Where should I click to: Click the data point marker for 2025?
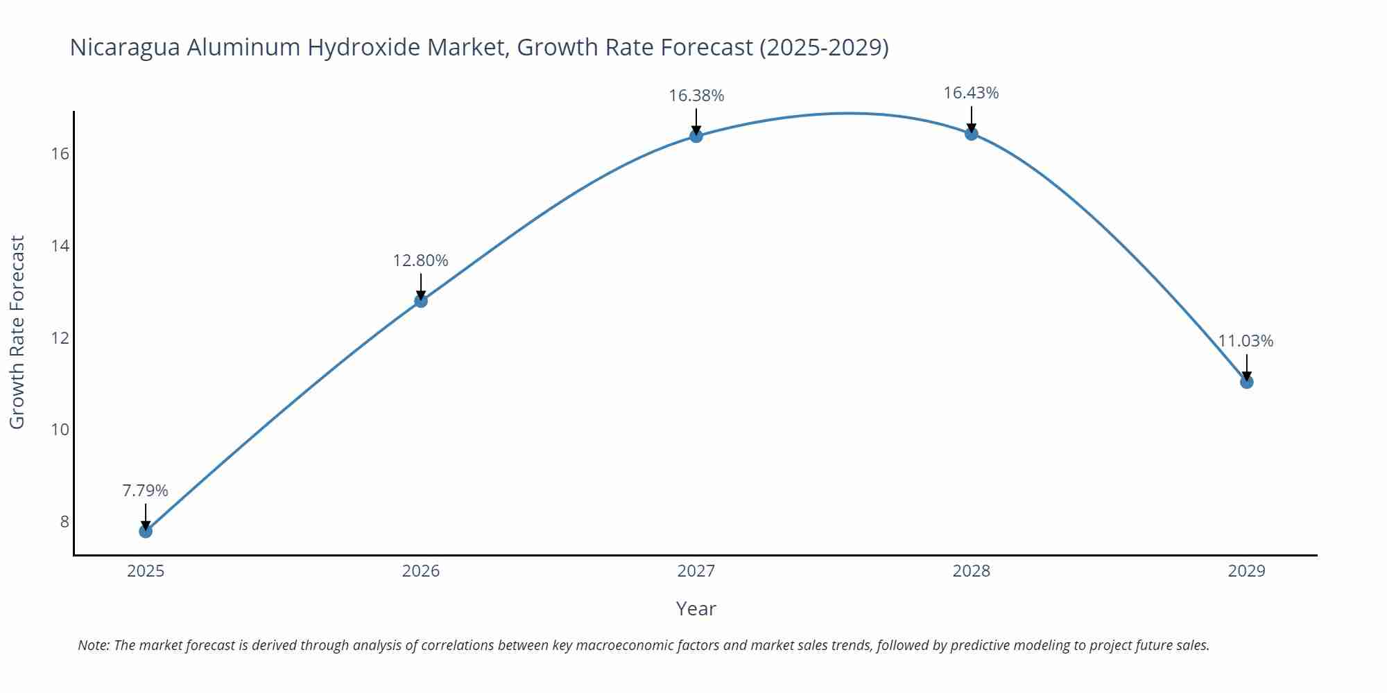point(146,532)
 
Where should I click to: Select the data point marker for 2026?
point(421,301)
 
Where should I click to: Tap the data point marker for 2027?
point(696,136)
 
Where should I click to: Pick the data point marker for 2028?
point(972,134)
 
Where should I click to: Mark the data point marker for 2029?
point(1246,382)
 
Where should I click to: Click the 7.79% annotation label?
point(146,491)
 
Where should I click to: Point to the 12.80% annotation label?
point(421,261)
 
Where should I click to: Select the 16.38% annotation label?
point(696,96)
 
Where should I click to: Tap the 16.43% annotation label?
point(971,93)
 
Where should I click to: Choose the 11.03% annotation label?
point(1246,341)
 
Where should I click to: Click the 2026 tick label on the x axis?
point(421,571)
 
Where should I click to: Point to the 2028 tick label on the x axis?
point(972,571)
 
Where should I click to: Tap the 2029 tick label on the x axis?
point(1246,571)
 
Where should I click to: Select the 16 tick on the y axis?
point(60,154)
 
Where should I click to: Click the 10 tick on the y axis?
point(60,430)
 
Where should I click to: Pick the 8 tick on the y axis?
point(64,522)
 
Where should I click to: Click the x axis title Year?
point(696,609)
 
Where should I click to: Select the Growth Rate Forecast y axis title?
point(17,332)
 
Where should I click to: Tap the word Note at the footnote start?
point(93,645)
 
